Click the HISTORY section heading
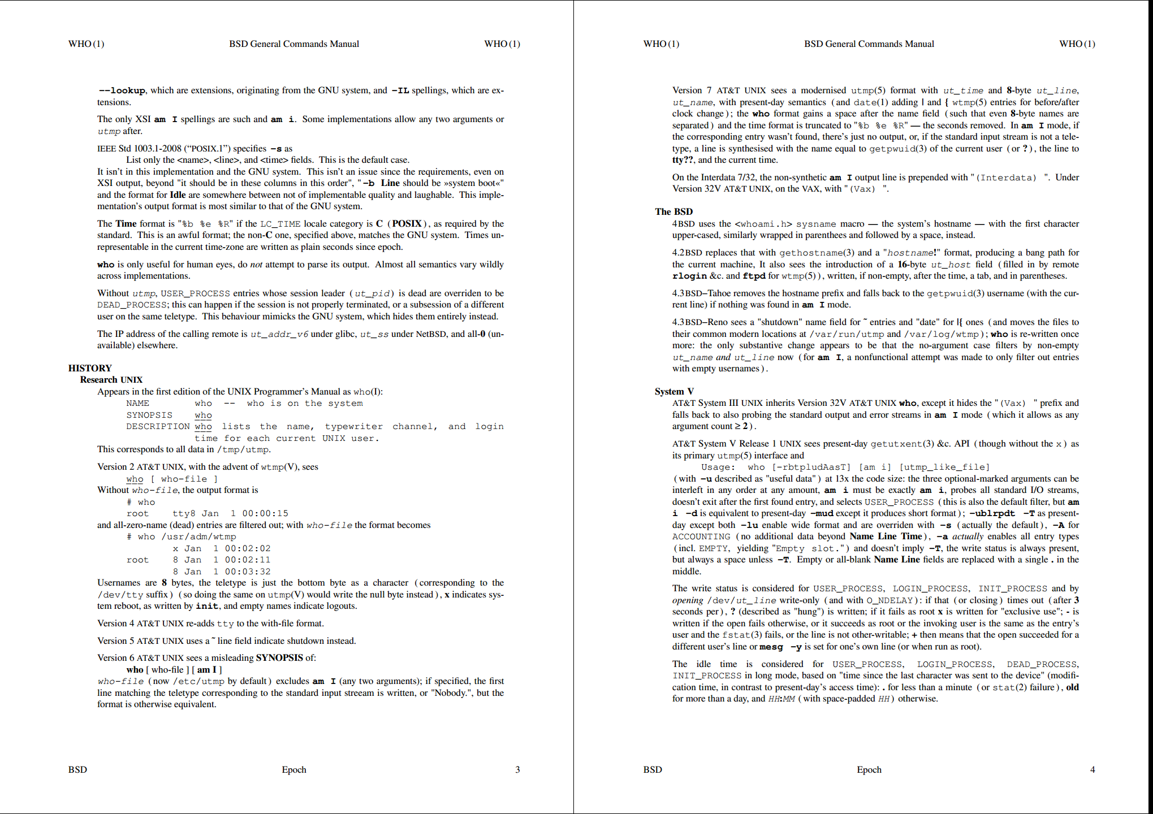(x=90, y=368)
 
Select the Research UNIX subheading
(x=111, y=380)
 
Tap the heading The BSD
(x=673, y=211)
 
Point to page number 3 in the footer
(x=517, y=769)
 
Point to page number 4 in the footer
(x=1092, y=769)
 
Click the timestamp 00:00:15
(x=265, y=513)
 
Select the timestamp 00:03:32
(x=248, y=571)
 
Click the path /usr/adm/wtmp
(x=198, y=536)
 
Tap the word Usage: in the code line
(x=718, y=467)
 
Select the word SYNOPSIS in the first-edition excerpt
(x=149, y=415)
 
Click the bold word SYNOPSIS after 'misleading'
(x=279, y=657)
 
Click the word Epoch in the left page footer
(x=294, y=769)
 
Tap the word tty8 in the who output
(x=184, y=513)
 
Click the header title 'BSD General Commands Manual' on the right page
(x=869, y=44)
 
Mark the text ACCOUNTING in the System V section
(x=701, y=536)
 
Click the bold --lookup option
(x=122, y=90)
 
